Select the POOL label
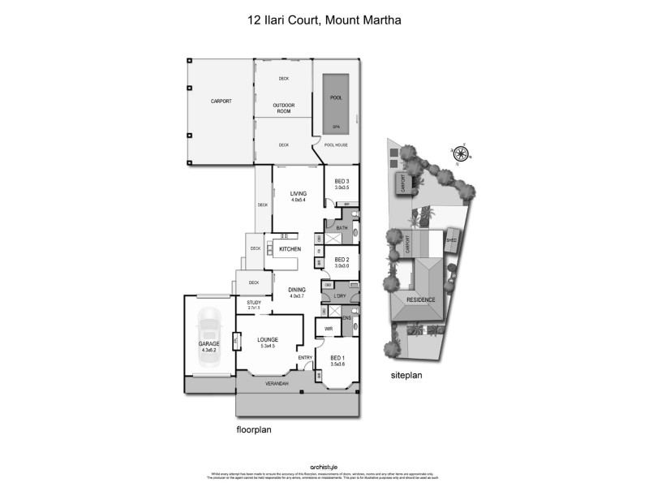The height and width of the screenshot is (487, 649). (x=336, y=98)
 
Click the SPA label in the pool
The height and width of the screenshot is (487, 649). (x=336, y=127)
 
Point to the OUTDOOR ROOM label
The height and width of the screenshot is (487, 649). (x=283, y=107)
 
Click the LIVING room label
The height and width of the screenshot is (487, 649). (x=298, y=193)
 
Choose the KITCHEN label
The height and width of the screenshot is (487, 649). (x=290, y=249)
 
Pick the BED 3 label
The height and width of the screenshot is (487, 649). (x=342, y=181)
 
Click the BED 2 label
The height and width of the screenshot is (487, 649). (x=342, y=260)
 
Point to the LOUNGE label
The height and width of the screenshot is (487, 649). (x=268, y=339)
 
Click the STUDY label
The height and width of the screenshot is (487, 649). (x=253, y=303)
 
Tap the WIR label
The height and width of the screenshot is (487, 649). (x=329, y=329)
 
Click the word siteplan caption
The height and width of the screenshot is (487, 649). (x=407, y=376)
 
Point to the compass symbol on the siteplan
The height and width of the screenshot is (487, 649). (x=462, y=153)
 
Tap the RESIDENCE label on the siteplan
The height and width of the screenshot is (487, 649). (x=421, y=300)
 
